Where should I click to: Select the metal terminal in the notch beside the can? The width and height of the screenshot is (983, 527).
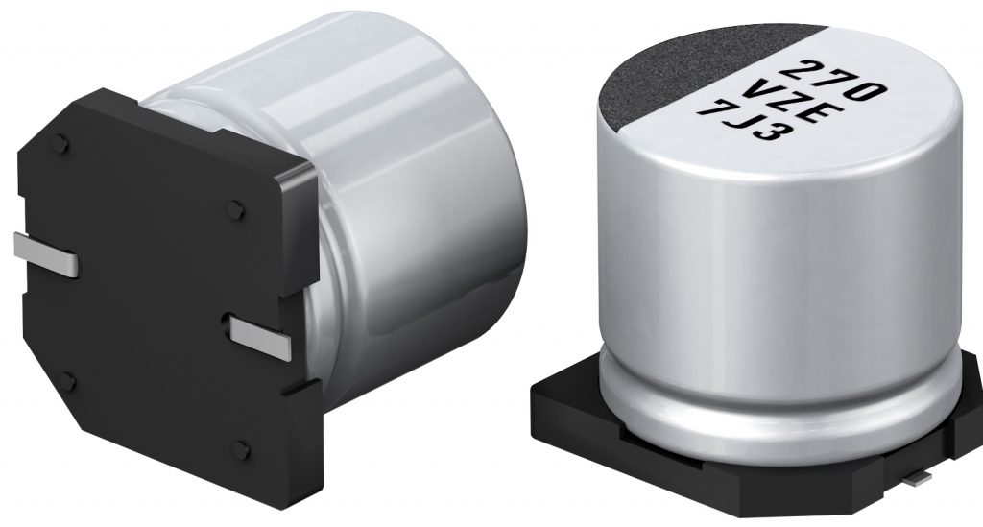point(259,335)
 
